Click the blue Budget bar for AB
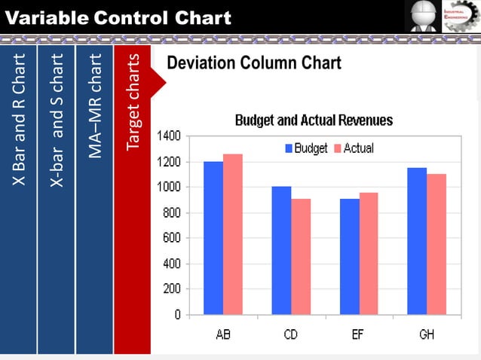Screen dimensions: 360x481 (213, 237)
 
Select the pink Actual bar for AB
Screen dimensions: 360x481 (233, 233)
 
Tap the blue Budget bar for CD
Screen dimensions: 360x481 (281, 250)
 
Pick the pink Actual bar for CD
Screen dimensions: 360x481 (301, 256)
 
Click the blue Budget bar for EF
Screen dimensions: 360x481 (349, 256)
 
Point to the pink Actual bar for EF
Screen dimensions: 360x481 (369, 253)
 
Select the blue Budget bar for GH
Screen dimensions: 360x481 (417, 240)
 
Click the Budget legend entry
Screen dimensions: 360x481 (306, 148)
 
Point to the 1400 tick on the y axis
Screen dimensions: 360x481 (169, 136)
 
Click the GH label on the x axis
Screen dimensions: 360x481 (427, 334)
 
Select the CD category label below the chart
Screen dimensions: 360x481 (291, 334)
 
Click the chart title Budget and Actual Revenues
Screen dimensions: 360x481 (314, 121)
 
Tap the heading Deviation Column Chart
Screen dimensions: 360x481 (254, 63)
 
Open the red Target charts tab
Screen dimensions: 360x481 (133, 200)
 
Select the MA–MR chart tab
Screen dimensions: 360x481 (94, 200)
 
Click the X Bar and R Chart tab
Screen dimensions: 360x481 (18, 200)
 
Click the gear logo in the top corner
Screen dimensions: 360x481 (460, 16)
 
